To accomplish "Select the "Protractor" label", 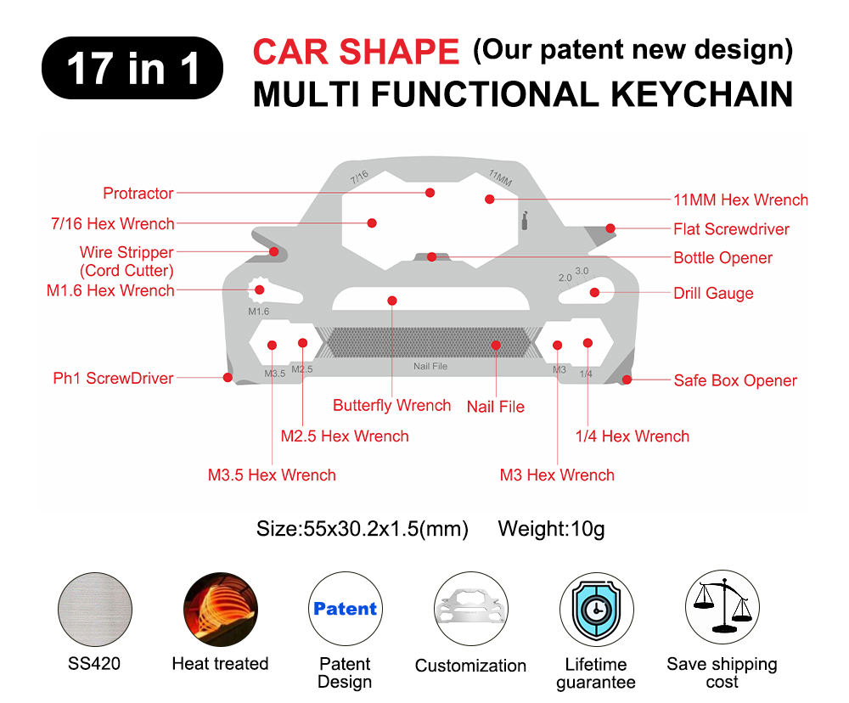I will (138, 194).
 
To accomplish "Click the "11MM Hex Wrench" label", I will (740, 200).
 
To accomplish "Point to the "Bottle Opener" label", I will (722, 258).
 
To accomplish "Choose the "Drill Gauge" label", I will (713, 294).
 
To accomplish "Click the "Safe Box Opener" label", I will (735, 380).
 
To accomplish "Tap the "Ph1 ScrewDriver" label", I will (113, 379).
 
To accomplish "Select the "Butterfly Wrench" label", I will (391, 405).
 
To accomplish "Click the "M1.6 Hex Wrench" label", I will (110, 290).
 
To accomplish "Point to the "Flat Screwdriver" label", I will (731, 229).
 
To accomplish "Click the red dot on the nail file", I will (495, 345).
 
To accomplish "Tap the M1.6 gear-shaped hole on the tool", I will (258, 290).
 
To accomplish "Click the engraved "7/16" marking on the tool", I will (359, 177).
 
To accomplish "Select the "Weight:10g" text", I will (551, 529).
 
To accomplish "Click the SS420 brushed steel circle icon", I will (94, 609).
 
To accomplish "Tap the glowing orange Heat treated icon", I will (220, 609).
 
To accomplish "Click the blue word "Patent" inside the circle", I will (345, 609).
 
